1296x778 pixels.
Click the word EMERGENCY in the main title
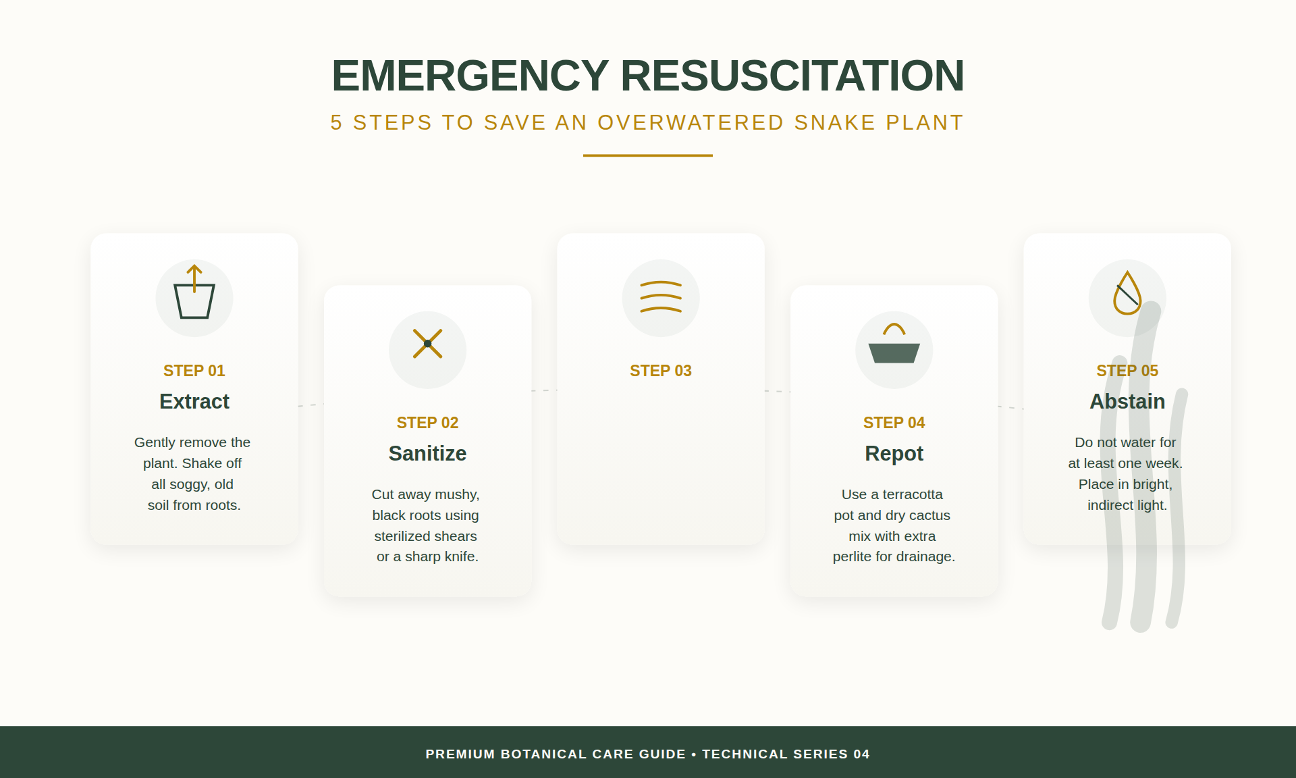point(470,76)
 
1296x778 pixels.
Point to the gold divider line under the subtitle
point(647,155)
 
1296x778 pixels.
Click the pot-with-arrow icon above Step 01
point(194,298)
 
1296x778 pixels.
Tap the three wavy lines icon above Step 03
point(661,298)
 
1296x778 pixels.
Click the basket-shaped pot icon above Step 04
point(894,349)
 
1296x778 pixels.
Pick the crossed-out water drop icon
point(1127,294)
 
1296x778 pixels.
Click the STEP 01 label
point(194,371)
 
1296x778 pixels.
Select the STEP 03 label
point(661,371)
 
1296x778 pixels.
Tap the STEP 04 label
point(894,423)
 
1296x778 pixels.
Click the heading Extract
point(194,402)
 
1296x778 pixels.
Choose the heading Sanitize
point(427,454)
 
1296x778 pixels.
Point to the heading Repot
point(894,454)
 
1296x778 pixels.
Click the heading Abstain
point(1127,402)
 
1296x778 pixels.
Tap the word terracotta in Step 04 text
point(913,494)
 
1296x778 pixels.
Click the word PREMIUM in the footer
point(460,754)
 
